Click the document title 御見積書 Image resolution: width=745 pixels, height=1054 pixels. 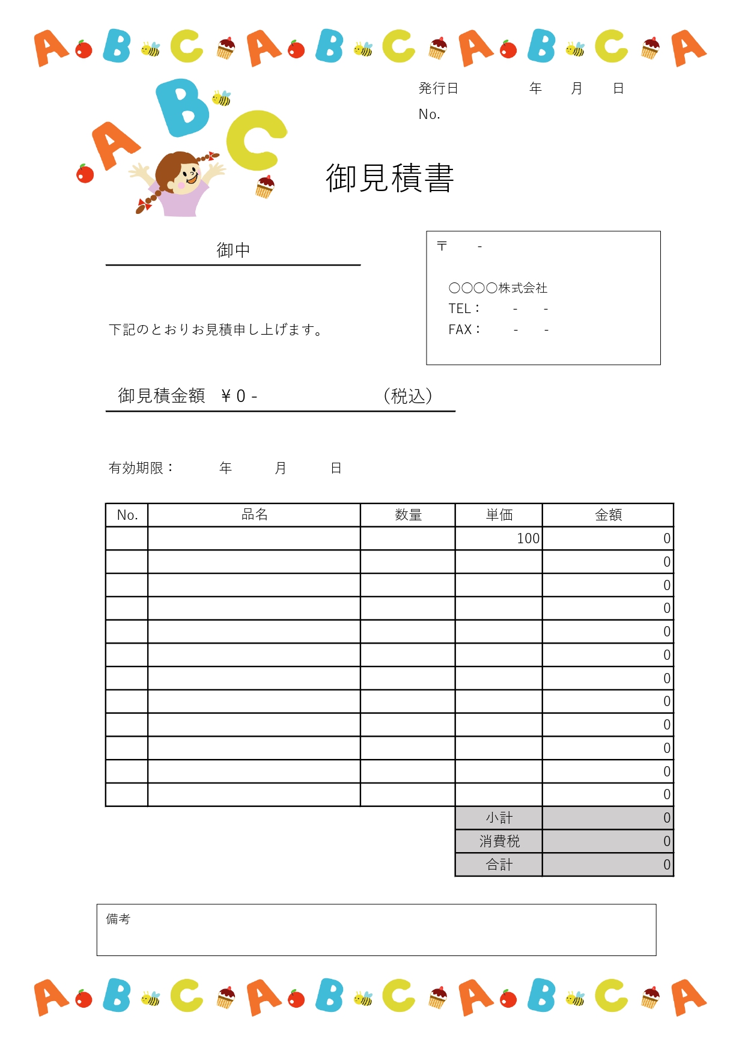pyautogui.click(x=389, y=178)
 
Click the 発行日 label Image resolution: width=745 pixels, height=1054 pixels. pyautogui.click(x=438, y=89)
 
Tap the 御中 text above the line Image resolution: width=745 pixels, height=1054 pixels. pyautogui.click(x=233, y=250)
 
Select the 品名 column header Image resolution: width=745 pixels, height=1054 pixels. pyautogui.click(x=254, y=515)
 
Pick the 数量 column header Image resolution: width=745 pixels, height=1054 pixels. pyautogui.click(x=408, y=515)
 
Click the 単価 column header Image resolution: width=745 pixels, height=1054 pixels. pyautogui.click(x=499, y=515)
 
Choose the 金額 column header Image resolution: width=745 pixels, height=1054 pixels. pyautogui.click(x=608, y=515)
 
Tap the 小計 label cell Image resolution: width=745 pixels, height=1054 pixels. pyautogui.click(x=499, y=818)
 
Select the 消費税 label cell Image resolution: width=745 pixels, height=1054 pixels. pyautogui.click(x=499, y=841)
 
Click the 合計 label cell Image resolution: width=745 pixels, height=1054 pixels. pyautogui.click(x=499, y=865)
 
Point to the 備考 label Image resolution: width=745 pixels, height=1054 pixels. pyautogui.click(x=118, y=919)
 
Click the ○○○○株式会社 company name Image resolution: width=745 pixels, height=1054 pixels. pyautogui.click(x=497, y=288)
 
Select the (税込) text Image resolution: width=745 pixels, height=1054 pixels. pyautogui.click(x=408, y=396)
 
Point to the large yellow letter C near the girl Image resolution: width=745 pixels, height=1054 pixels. pyautogui.click(x=255, y=140)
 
